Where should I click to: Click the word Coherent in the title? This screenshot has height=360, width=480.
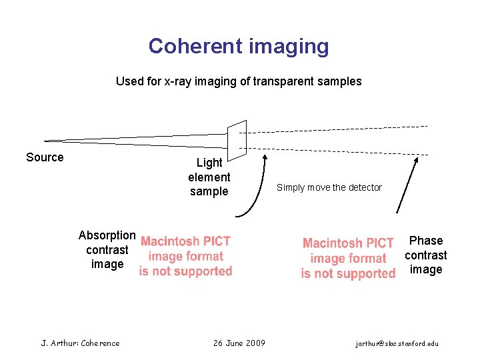point(195,46)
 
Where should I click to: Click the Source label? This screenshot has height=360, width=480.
point(45,157)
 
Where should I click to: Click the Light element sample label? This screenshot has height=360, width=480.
point(209,177)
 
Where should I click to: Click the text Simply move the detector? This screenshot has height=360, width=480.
point(329,187)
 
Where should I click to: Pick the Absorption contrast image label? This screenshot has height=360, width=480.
point(107,250)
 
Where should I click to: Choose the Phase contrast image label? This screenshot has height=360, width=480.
point(425,255)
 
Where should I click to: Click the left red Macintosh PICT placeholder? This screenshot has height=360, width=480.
point(185,256)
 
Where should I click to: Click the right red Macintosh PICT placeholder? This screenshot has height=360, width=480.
point(348,258)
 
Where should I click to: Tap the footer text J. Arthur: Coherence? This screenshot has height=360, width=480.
point(81,343)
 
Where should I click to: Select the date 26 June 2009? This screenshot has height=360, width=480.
point(239,343)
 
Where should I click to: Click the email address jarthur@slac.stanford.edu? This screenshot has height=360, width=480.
point(397,344)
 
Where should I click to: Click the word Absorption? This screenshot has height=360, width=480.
point(107,235)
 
